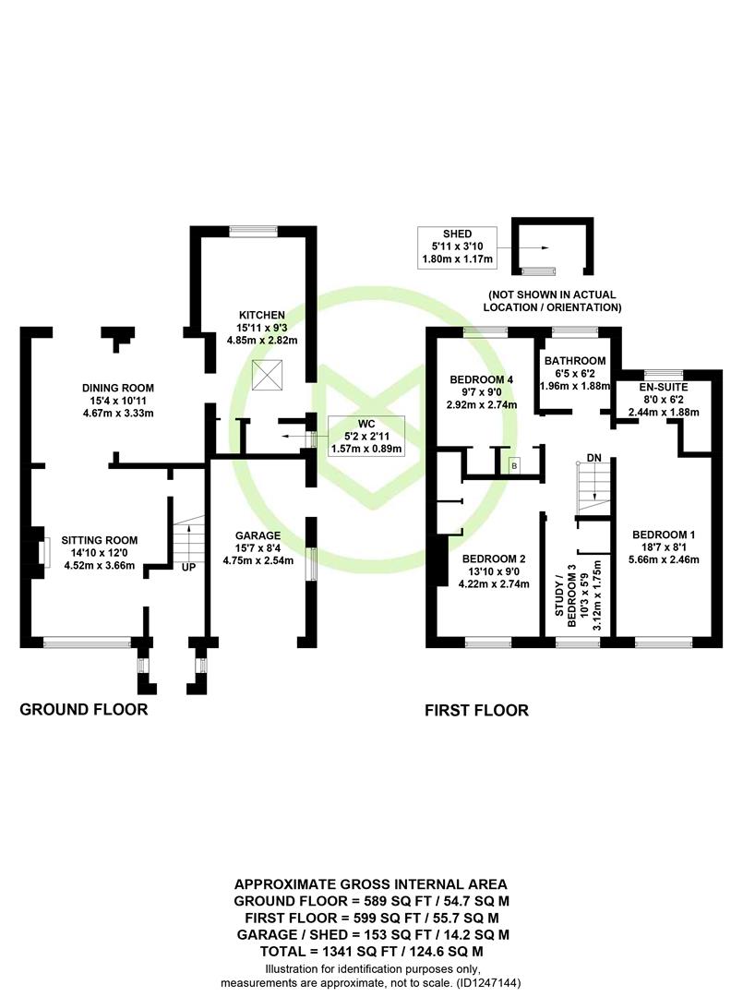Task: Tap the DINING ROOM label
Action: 117,387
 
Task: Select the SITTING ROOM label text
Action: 99,540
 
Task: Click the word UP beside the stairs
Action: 188,566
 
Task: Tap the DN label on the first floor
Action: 594,457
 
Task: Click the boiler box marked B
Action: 515,465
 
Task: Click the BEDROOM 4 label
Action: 481,379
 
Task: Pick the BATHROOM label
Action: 574,360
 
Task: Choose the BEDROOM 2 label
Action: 494,559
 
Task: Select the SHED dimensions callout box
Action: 457,248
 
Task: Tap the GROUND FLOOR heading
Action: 84,710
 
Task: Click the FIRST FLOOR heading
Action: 476,711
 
